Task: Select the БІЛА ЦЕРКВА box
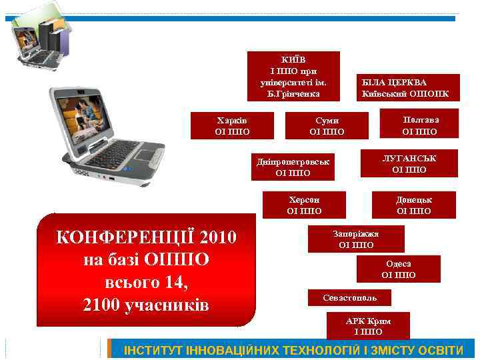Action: [406, 87]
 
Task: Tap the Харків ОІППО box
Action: [232, 125]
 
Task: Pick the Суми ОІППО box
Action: [327, 125]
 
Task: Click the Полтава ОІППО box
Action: [421, 125]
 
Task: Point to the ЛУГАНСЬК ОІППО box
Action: [409, 163]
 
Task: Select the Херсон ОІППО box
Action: [304, 205]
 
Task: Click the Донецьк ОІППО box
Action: [414, 205]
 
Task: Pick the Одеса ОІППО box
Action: [399, 269]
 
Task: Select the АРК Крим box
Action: [369, 326]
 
